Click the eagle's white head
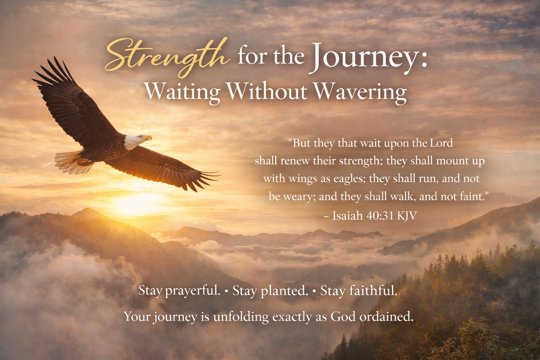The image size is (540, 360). [x=133, y=141]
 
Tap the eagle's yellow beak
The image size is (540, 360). [x=148, y=137]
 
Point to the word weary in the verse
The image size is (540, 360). [x=298, y=197]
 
